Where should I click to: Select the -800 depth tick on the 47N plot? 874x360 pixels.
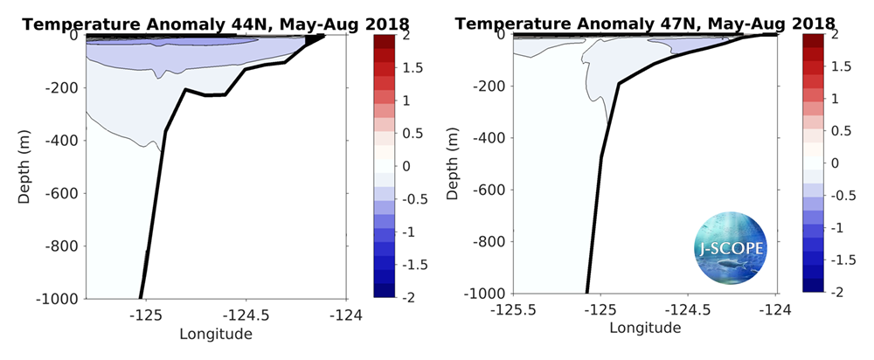point(489,241)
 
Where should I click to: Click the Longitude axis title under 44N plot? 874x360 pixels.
point(216,334)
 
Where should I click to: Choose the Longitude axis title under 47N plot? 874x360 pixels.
point(644,329)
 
